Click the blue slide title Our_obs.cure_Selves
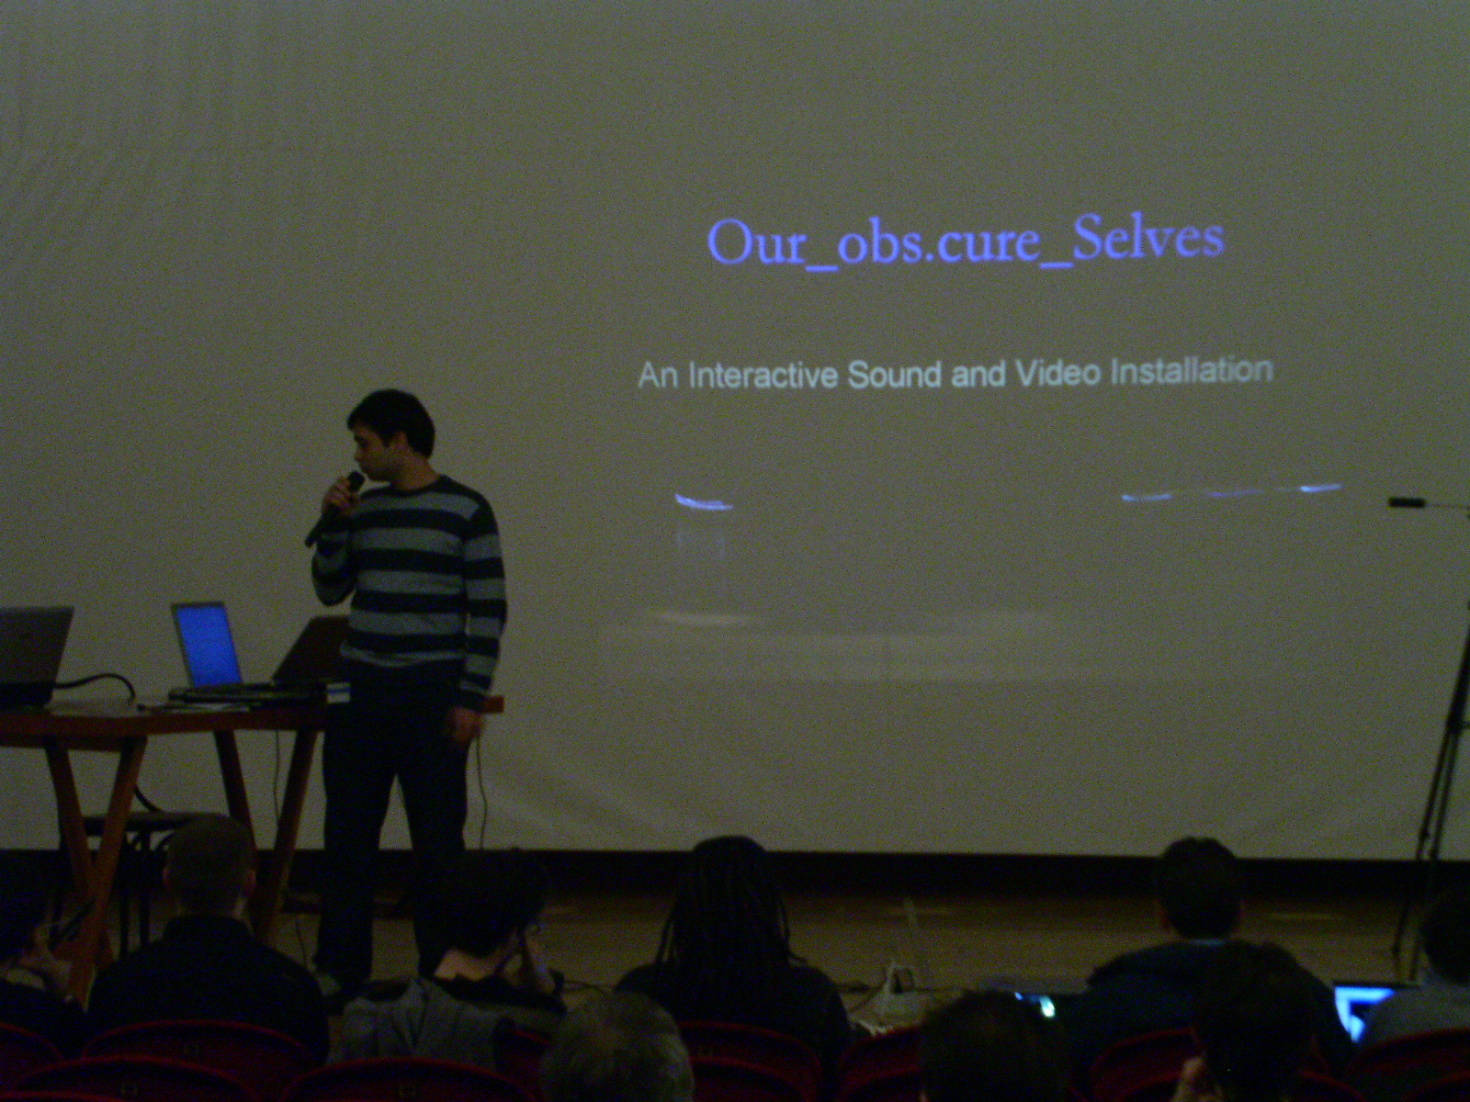point(966,242)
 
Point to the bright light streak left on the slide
point(703,501)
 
